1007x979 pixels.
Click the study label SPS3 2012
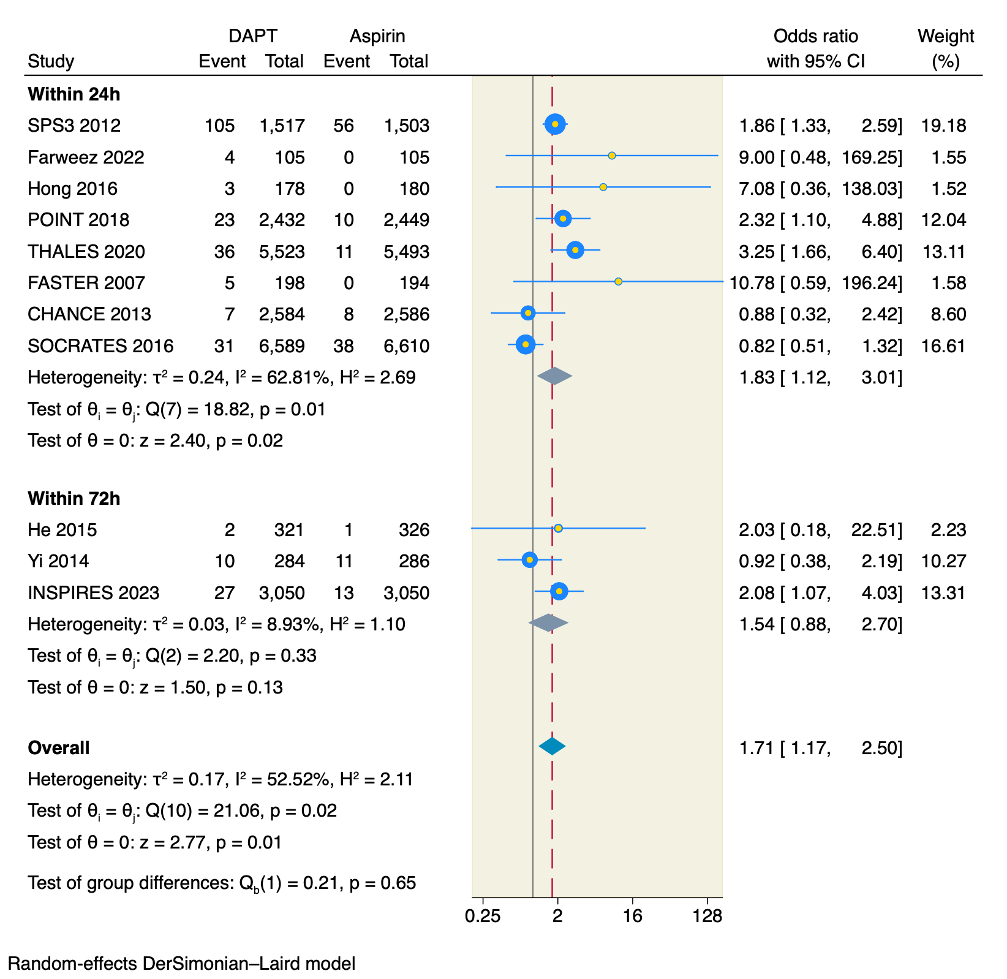pos(74,126)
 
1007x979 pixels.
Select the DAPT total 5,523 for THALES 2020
pos(282,252)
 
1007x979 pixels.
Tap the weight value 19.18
pos(943,126)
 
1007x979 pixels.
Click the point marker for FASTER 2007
pos(618,282)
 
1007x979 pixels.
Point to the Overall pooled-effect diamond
pos(552,746)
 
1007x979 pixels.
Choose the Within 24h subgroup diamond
pos(554,376)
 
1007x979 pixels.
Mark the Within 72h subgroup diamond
pos(548,623)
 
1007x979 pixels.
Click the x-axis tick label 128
pos(707,917)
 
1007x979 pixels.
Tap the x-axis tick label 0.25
pos(483,917)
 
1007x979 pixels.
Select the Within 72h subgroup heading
pos(74,499)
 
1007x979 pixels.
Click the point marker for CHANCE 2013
pos(528,313)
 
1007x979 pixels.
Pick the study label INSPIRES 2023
pos(94,593)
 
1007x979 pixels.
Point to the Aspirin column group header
pos(377,36)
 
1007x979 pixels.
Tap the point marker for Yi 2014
pos(530,559)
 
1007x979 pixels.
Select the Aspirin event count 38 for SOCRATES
pos(344,346)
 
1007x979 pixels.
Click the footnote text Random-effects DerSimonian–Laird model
pos(181,964)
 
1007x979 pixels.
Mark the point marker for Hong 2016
pos(603,187)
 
